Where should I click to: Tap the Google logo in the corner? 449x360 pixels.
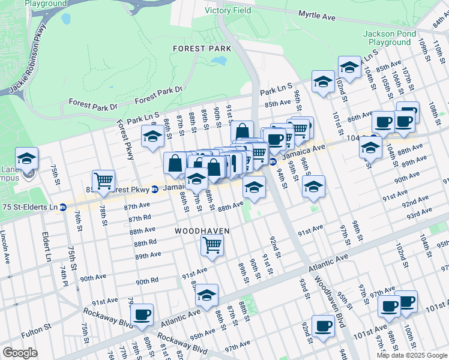20,353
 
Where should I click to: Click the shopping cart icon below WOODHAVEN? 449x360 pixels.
212,245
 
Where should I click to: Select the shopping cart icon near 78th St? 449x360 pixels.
103,179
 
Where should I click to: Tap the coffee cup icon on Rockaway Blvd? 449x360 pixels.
142,314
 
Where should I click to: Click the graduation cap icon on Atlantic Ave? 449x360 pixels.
206,295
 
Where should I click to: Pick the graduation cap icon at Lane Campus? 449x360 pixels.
26,159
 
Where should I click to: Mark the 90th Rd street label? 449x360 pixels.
147,281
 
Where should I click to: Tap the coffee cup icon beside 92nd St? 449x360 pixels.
323,326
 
